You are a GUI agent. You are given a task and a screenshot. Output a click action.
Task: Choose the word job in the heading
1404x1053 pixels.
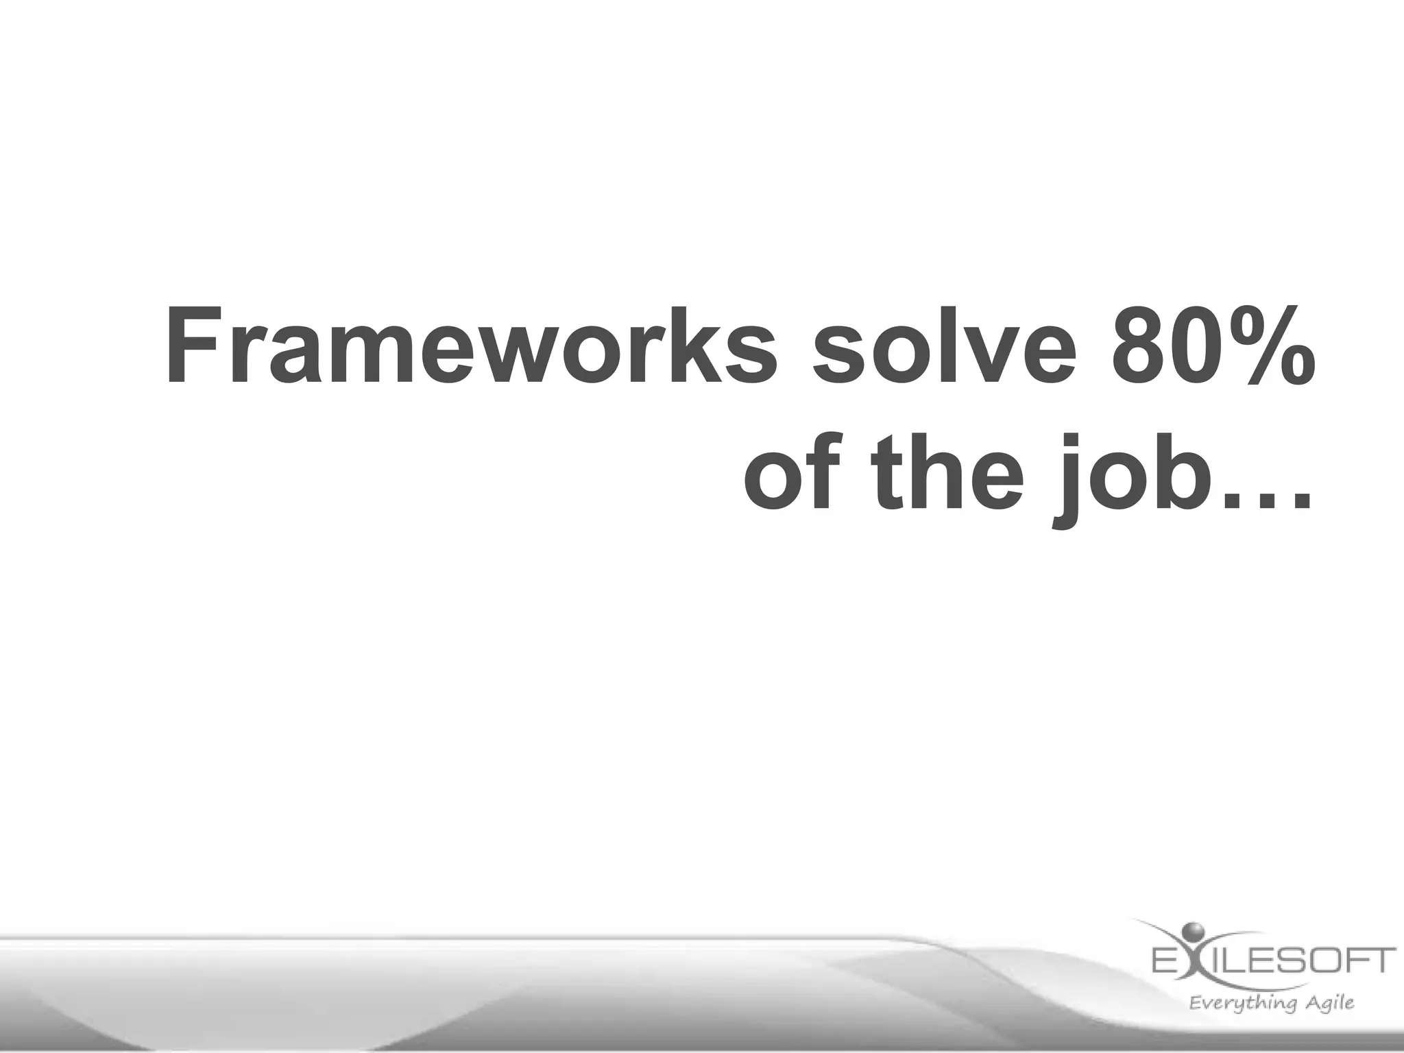coord(1131,480)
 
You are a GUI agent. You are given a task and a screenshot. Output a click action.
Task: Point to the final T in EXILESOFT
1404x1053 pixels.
coord(1382,960)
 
